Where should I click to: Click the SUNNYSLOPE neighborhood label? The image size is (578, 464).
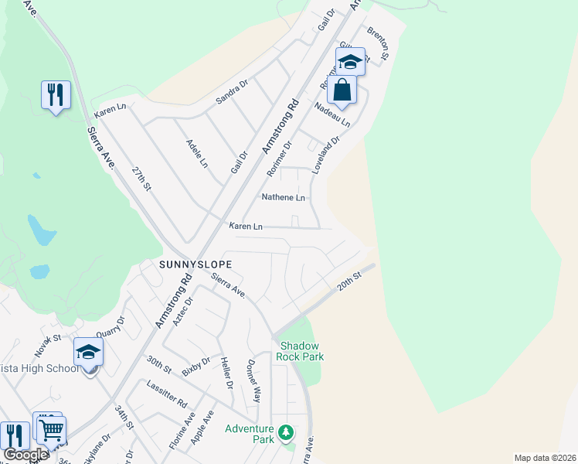click(x=195, y=264)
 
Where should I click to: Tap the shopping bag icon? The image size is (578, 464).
click(x=342, y=90)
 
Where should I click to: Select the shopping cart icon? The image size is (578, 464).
click(x=52, y=428)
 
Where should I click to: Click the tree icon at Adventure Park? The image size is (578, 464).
click(x=286, y=432)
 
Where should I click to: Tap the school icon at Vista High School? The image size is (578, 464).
click(x=88, y=352)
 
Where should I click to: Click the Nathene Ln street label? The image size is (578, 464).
click(x=284, y=197)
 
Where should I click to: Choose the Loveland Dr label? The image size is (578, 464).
click(x=325, y=155)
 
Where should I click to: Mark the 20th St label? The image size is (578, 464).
click(x=349, y=281)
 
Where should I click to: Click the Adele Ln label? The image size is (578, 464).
click(x=197, y=154)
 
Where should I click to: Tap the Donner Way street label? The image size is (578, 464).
click(x=253, y=381)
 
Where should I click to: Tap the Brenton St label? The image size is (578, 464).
click(x=378, y=44)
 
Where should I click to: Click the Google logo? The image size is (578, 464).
click(x=25, y=455)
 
